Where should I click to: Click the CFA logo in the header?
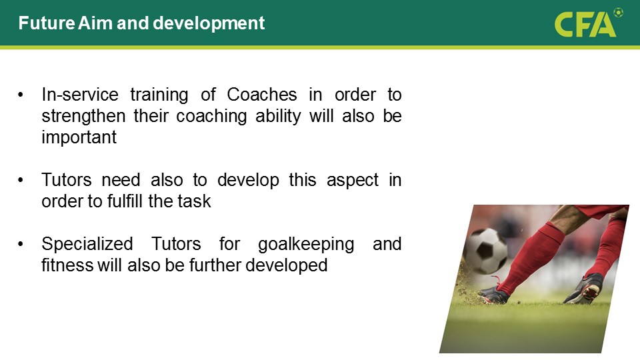[588, 23]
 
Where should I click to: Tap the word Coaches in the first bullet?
[261, 95]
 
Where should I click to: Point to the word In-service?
[80, 95]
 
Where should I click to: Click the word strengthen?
[83, 116]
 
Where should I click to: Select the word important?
[79, 137]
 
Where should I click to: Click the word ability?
[278, 116]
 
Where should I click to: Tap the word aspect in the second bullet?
[352, 181]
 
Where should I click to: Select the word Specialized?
[87, 245]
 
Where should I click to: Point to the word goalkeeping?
[306, 245]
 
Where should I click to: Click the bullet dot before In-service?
[21, 95]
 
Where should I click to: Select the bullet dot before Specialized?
[21, 245]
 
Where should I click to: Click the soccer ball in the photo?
[485, 251]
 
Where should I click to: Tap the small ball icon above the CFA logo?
[619, 12]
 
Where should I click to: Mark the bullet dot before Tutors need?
[21, 181]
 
